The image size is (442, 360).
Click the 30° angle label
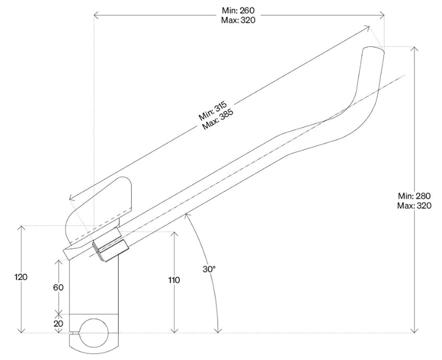coord(209,269)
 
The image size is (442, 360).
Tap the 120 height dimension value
coord(21,277)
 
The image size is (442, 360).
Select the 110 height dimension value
coord(174,280)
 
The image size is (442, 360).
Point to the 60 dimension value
coord(58,287)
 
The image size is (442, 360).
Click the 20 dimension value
coord(58,324)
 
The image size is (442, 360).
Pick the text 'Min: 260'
coord(238,11)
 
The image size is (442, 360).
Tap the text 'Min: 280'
coord(415,196)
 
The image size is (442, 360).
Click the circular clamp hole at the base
coord(94,333)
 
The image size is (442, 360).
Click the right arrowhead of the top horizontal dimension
coord(382,15)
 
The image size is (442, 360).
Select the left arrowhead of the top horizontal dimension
coord(96,15)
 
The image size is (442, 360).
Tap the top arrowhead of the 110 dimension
coord(175,235)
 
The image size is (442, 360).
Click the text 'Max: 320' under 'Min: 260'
coord(238,20)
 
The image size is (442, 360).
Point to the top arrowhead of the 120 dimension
coord(21,229)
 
